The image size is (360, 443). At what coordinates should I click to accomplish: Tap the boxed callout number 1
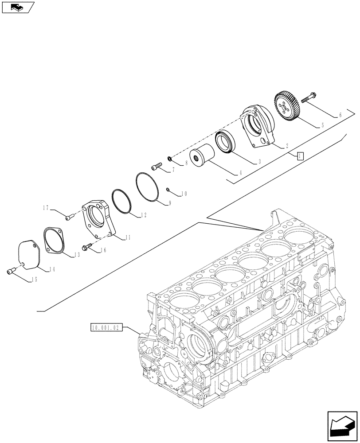[300, 155]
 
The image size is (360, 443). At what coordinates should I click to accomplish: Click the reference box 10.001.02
[105, 328]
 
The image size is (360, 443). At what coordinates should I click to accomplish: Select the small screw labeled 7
[155, 167]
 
